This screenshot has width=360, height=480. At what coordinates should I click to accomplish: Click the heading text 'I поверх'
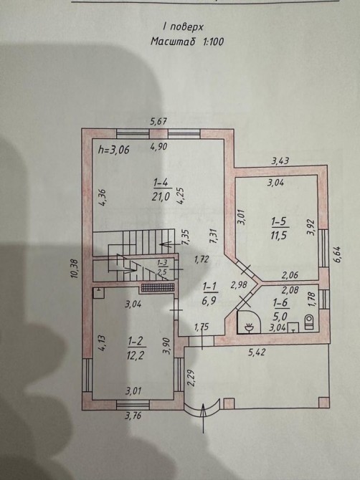coord(183,27)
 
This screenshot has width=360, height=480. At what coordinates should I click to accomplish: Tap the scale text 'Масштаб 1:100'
coord(187,42)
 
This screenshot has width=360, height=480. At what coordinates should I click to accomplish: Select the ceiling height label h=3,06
coord(114,150)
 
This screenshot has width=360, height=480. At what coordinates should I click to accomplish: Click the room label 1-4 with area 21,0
coord(161,190)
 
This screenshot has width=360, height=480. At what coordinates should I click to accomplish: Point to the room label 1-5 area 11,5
coord(280,228)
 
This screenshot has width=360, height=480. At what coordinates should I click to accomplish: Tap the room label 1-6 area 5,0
coord(280,309)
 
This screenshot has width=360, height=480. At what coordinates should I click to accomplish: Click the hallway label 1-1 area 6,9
coord(209,294)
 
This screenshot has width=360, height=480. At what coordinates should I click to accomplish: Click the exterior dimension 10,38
coord(75,269)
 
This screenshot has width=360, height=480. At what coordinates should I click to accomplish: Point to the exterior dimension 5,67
coord(158,122)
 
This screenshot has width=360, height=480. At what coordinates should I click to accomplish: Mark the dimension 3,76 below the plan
coord(133,416)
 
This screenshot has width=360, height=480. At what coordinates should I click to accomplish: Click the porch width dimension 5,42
coord(257,352)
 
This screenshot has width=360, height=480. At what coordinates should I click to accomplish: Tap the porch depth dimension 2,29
coord(190,379)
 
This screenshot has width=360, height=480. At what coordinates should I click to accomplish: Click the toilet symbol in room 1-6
coord(309,322)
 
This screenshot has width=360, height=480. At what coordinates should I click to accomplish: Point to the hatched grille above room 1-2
coord(158,287)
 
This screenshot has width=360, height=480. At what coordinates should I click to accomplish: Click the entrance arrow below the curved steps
coord(203,418)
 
